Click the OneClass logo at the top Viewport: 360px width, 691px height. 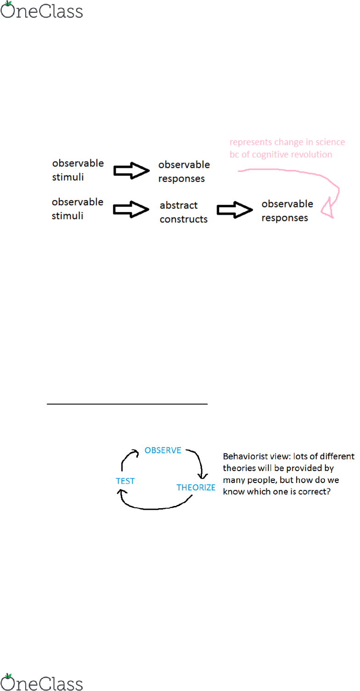42,10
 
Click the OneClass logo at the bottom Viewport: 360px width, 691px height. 42,682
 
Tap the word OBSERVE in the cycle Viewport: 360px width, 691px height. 163,450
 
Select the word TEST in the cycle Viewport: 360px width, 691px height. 125,481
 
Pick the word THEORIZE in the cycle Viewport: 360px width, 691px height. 196,488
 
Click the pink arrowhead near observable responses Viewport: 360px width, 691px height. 327,209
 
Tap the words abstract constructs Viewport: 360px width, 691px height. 184,212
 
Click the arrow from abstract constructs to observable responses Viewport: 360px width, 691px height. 235,210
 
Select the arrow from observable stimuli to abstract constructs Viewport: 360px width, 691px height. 131,209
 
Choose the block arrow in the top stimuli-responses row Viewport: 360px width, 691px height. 132,171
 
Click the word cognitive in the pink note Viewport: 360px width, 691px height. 270,155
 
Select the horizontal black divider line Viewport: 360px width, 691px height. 127,404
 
